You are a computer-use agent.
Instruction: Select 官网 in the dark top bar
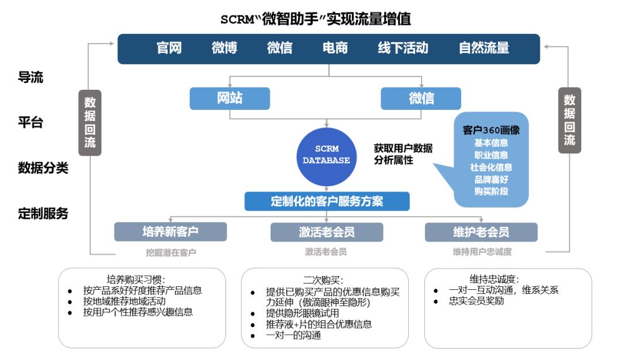pos(169,48)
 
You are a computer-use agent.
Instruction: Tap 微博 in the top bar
pos(224,48)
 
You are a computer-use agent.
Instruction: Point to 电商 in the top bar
pos(335,48)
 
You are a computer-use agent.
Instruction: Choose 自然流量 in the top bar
pos(484,48)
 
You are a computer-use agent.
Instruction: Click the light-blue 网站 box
pos(229,98)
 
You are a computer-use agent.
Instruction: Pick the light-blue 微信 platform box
pos(421,98)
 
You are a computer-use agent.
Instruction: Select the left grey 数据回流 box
pos(90,122)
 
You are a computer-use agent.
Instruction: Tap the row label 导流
pos(30,78)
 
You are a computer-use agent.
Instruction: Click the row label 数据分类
pos(43,168)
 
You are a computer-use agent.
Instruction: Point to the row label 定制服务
pos(43,214)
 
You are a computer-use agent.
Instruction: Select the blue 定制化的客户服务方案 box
pos(327,201)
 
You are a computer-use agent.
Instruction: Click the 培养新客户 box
pos(170,232)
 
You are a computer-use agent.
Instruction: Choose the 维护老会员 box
pos(481,232)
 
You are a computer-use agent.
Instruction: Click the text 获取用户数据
pos(403,149)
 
